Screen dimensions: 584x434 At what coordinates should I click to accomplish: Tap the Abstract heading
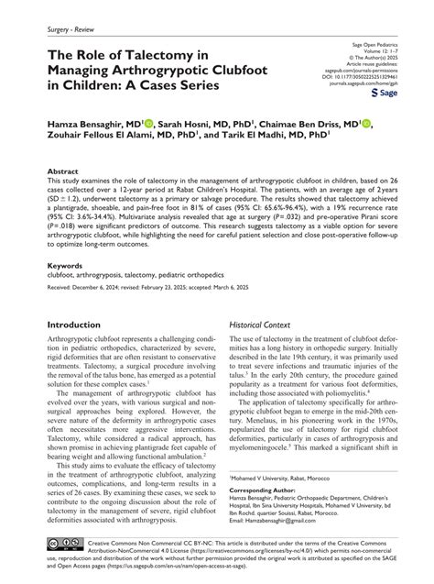click(x=62, y=171)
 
